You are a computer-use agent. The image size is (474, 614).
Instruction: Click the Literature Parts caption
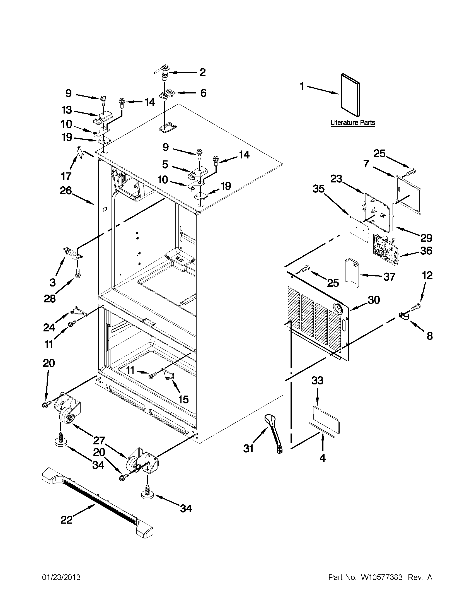353,122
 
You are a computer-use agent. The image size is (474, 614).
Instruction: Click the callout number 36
426,251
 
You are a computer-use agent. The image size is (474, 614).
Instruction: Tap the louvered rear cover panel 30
318,323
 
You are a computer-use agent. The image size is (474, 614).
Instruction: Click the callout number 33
317,381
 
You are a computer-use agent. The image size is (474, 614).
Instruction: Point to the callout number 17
66,176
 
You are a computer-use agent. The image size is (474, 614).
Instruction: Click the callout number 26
66,191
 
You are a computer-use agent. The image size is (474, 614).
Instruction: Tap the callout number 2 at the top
203,72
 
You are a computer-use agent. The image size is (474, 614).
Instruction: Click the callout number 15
183,399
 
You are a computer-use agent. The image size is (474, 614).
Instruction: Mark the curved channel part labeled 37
352,273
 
